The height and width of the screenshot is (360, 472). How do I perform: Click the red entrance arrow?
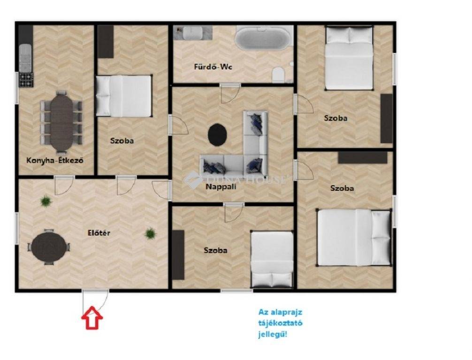coord(92,318)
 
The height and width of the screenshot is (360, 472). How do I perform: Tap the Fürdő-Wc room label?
coord(213,67)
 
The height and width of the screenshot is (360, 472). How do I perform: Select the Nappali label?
coord(221,187)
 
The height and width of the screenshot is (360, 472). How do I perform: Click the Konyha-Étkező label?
coord(55,160)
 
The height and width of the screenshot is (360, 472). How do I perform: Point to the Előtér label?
coord(99,233)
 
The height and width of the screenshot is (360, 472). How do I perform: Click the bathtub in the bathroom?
coord(263,38)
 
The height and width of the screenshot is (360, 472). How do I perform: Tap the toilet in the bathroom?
coord(278,75)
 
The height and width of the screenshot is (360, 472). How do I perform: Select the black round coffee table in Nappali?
coord(217,135)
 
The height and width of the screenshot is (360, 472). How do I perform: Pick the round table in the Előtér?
coord(49,247)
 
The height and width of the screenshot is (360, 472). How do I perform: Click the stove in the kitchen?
coord(26,80)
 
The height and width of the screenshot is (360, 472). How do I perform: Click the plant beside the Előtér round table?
coord(46,201)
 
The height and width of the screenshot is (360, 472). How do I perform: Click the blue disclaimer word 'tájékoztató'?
coord(280,323)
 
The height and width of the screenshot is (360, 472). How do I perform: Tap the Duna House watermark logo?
coord(193,180)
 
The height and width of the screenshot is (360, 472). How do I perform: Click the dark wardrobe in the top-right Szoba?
coord(387,119)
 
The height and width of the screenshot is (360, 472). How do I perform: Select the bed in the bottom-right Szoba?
coord(354,238)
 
